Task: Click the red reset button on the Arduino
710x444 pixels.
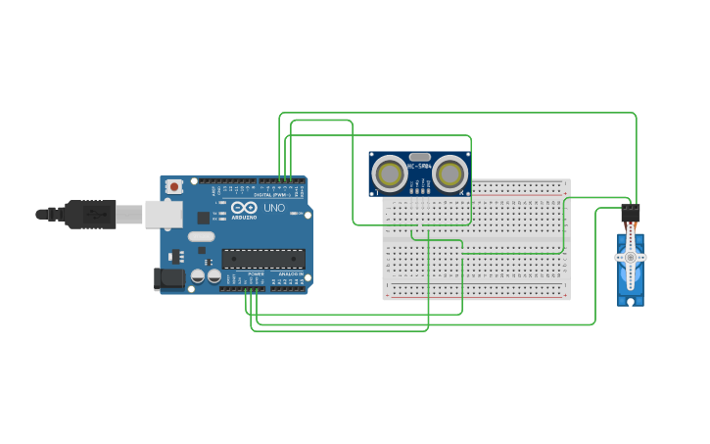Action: [174, 186]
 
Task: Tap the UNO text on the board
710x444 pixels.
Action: [275, 207]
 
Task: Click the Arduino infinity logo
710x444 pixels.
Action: [238, 207]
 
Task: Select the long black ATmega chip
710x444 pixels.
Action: [262, 259]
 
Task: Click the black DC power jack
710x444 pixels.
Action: [169, 279]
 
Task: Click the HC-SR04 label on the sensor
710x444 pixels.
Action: [420, 168]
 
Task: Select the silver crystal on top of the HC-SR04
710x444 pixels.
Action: [420, 157]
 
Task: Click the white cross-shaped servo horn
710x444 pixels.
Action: [631, 258]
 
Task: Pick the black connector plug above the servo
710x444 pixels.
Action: [631, 212]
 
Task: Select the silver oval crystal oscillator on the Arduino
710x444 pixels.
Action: [201, 236]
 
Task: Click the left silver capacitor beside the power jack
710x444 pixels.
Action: [198, 277]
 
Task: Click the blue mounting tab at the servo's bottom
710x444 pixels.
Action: [631, 299]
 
